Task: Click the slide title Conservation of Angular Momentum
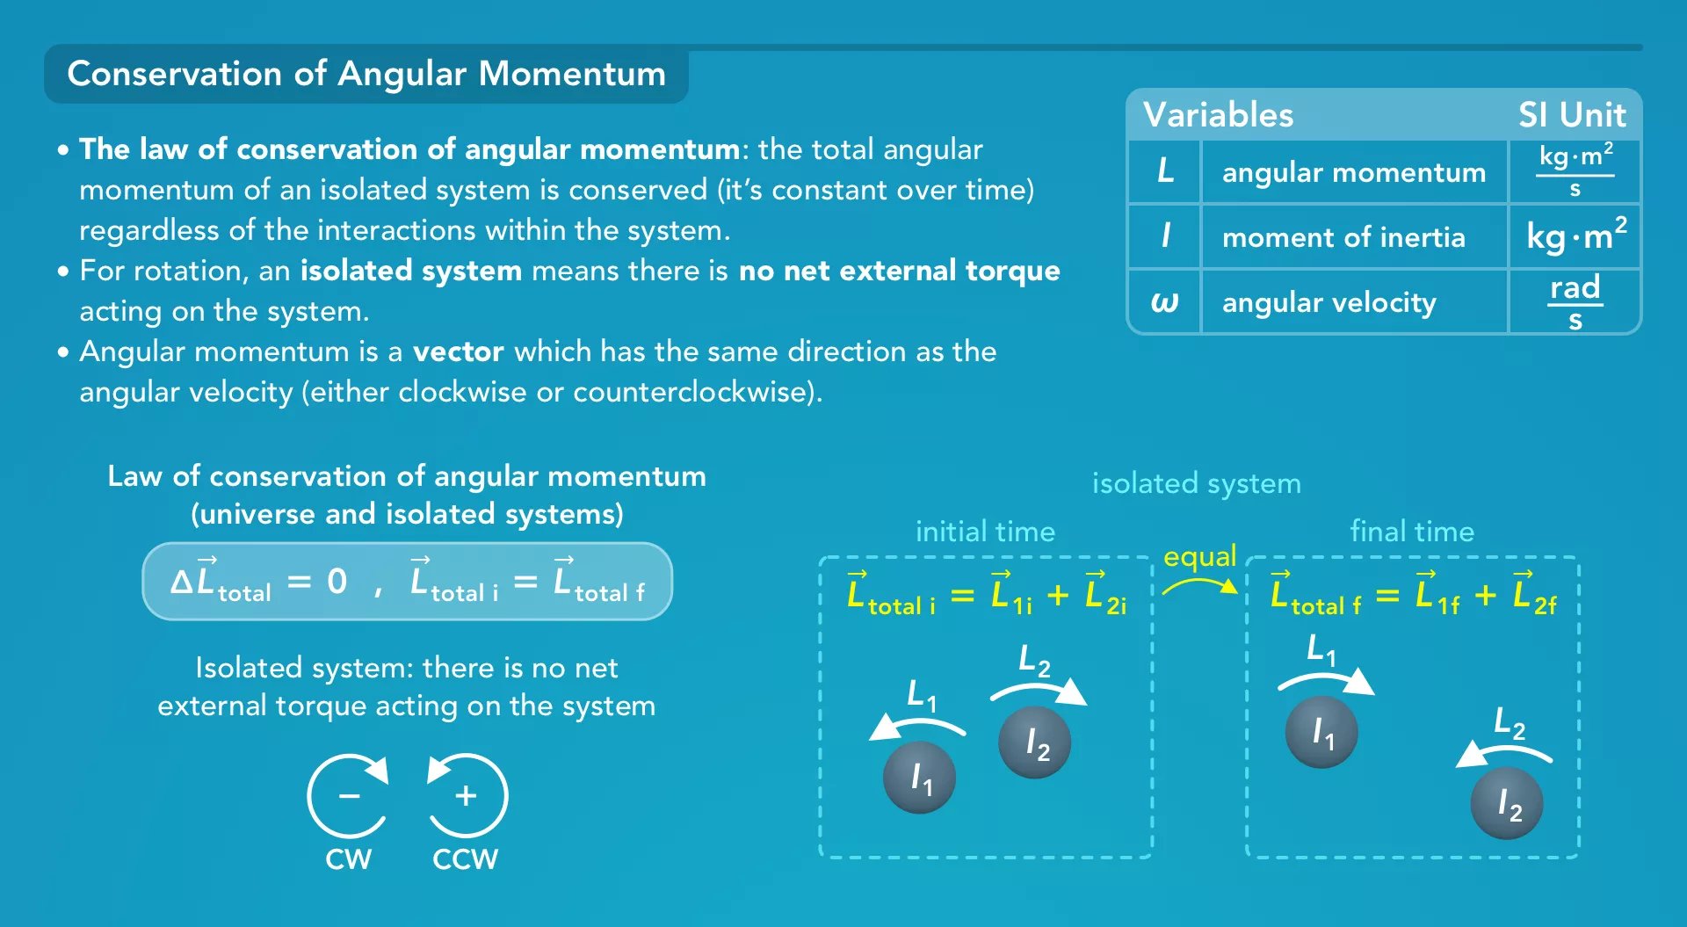[366, 74]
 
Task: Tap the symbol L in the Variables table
[1165, 170]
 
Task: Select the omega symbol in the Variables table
[1164, 302]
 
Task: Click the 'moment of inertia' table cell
[1343, 237]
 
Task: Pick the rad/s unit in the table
[1575, 301]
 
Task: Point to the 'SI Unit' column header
[1572, 115]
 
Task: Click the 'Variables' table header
[1218, 115]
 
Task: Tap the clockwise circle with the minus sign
[348, 796]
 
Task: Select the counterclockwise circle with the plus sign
[467, 796]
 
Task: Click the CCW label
[465, 858]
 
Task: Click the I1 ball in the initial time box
[919, 778]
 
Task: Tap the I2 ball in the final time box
[1507, 803]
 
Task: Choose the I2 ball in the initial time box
[1035, 742]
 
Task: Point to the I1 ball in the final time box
[1321, 732]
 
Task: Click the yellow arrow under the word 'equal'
[1200, 584]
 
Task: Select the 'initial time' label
[985, 532]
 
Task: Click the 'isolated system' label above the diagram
[1196, 483]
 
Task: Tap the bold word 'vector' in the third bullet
[458, 351]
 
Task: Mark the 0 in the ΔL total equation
[337, 582]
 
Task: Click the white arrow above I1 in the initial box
[917, 726]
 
